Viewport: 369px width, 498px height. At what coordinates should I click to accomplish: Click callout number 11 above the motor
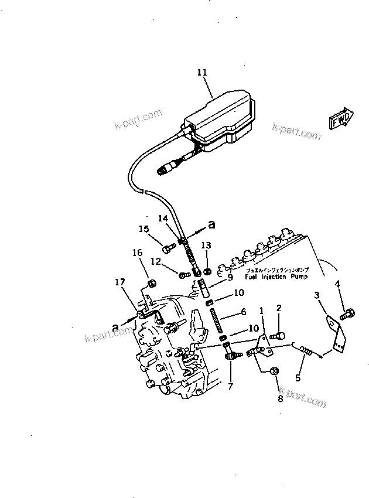coord(202,73)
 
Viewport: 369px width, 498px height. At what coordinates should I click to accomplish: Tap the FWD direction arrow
coord(340,120)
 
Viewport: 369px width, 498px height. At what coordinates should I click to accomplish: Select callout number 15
coord(143,229)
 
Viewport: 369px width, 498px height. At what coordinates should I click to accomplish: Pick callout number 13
coord(206,245)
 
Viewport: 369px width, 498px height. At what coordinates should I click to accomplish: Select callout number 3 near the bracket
coord(316,296)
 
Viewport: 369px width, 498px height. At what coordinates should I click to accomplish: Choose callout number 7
coord(230,387)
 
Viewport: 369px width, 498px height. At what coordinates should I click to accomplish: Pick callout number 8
coord(279,399)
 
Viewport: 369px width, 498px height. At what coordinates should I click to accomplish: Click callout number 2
coord(279,308)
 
